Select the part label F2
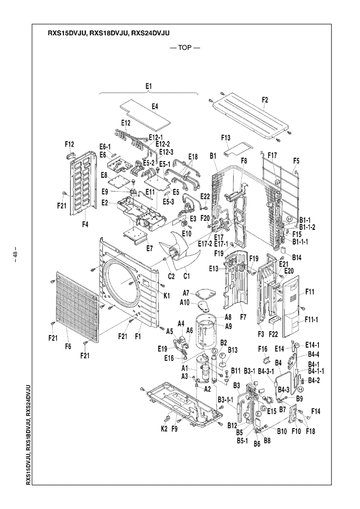pyautogui.click(x=264, y=100)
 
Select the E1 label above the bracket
pyautogui.click(x=149, y=86)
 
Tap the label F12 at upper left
pyautogui.click(x=69, y=144)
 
